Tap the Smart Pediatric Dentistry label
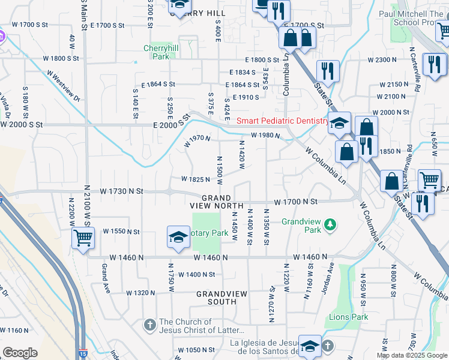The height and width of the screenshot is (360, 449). tap(282, 120)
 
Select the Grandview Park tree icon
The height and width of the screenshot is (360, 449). tap(329, 225)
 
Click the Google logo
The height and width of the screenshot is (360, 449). tap(20, 353)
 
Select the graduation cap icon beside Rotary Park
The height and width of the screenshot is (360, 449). tap(178, 238)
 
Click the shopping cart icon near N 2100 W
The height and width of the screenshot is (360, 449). tap(83, 238)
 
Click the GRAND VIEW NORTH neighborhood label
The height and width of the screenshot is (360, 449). tap(217, 202)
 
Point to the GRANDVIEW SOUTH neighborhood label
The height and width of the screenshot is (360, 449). tap(217, 298)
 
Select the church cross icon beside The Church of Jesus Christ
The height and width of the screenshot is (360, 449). tap(150, 325)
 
